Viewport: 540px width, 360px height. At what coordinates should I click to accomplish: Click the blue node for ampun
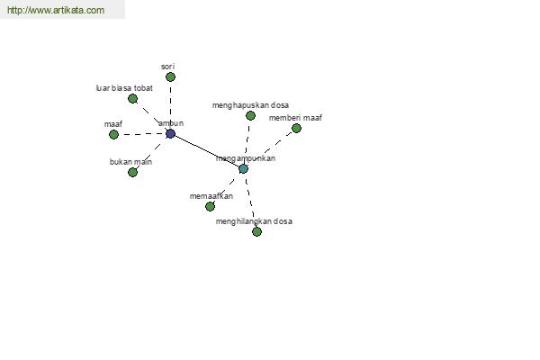pos(170,134)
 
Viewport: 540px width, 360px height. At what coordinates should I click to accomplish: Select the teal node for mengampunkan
pos(243,169)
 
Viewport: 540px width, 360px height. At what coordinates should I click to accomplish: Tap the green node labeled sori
pos(170,76)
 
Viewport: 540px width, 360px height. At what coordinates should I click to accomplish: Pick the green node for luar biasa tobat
pos(132,98)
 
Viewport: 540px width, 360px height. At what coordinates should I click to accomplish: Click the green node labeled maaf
pos(113,134)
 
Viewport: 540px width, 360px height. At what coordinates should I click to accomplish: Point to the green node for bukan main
pos(132,172)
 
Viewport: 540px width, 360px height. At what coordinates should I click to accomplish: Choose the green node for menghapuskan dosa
pos(250,115)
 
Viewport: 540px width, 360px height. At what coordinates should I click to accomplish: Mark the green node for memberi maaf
pos(296,128)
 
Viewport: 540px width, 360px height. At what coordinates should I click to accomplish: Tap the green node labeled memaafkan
pos(210,206)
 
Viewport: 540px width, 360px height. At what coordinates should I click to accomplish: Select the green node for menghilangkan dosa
pos(256,231)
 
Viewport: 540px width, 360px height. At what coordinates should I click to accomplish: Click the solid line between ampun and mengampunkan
pos(207,151)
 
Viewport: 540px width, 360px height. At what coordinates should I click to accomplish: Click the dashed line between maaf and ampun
pos(142,134)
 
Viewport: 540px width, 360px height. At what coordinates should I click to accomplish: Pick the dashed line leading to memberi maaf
pos(270,148)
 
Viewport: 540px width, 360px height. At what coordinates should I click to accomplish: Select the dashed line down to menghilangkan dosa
pos(249,200)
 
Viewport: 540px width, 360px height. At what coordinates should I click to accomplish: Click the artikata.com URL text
pos(56,10)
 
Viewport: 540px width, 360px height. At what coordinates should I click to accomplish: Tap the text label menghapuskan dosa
pos(250,105)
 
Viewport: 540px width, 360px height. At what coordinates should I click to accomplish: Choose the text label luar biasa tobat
pos(124,88)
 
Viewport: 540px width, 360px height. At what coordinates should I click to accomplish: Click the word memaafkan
pos(211,196)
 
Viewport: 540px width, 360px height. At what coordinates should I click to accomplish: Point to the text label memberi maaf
pos(295,118)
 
